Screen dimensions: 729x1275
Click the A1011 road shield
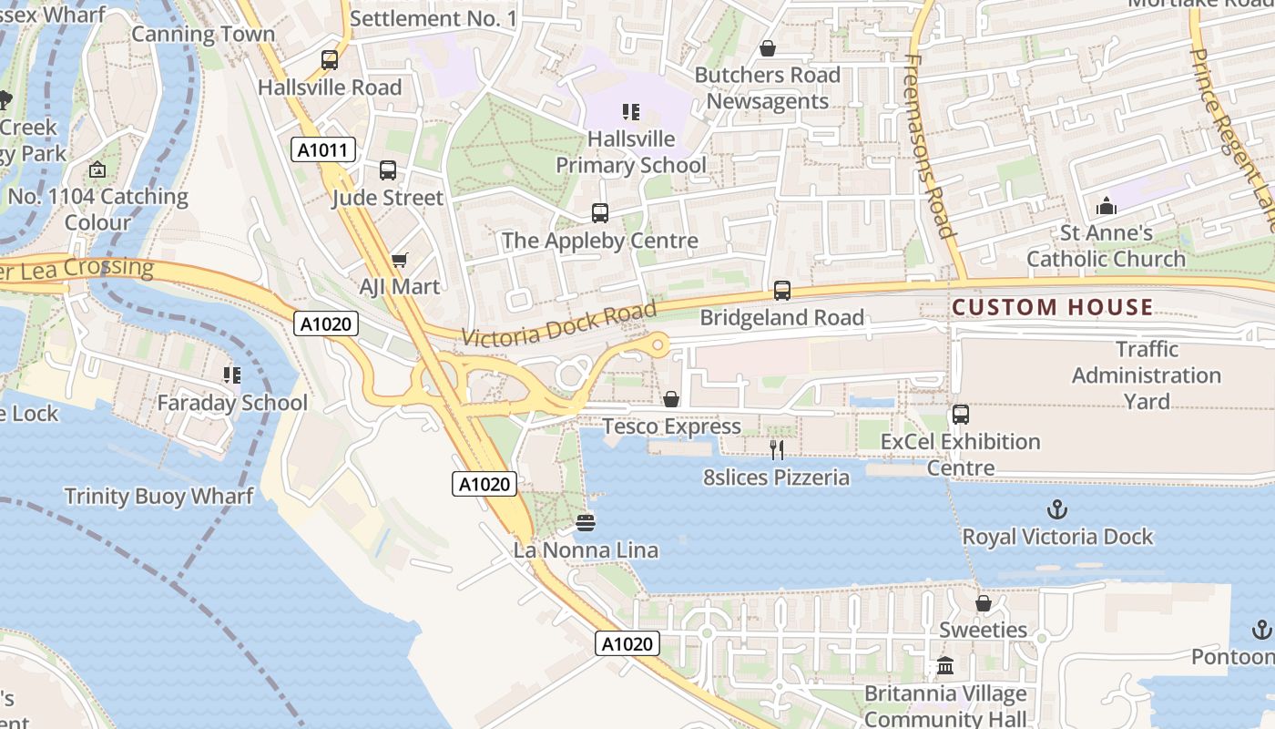pyautogui.click(x=323, y=149)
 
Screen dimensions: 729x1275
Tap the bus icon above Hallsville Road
pyautogui.click(x=330, y=60)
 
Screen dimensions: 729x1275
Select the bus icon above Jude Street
pyautogui.click(x=388, y=170)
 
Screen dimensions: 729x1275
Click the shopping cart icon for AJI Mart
pyautogui.click(x=399, y=261)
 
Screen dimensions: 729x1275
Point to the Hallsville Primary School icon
pyautogui.click(x=631, y=112)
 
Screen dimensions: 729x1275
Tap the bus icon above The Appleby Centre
pyautogui.click(x=599, y=213)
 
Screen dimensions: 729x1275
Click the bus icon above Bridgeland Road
pyautogui.click(x=781, y=291)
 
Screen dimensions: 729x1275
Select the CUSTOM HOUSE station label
pyautogui.click(x=1052, y=307)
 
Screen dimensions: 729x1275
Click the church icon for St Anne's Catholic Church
pyautogui.click(x=1107, y=206)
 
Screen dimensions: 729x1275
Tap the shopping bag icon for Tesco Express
pyautogui.click(x=671, y=399)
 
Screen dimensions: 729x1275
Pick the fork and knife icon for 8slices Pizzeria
pyautogui.click(x=776, y=449)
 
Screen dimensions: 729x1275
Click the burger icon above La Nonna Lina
pyautogui.click(x=586, y=523)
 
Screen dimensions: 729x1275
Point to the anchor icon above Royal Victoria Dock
pyautogui.click(x=1057, y=509)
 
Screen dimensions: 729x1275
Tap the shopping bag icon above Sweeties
pyautogui.click(x=983, y=603)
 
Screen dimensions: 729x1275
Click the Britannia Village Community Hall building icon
pyautogui.click(x=945, y=667)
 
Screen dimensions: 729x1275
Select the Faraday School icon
pyautogui.click(x=231, y=375)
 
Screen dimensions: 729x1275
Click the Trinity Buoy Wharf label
pyautogui.click(x=158, y=497)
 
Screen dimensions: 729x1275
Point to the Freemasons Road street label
pyautogui.click(x=929, y=146)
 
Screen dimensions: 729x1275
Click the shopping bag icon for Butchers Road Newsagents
pyautogui.click(x=767, y=48)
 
